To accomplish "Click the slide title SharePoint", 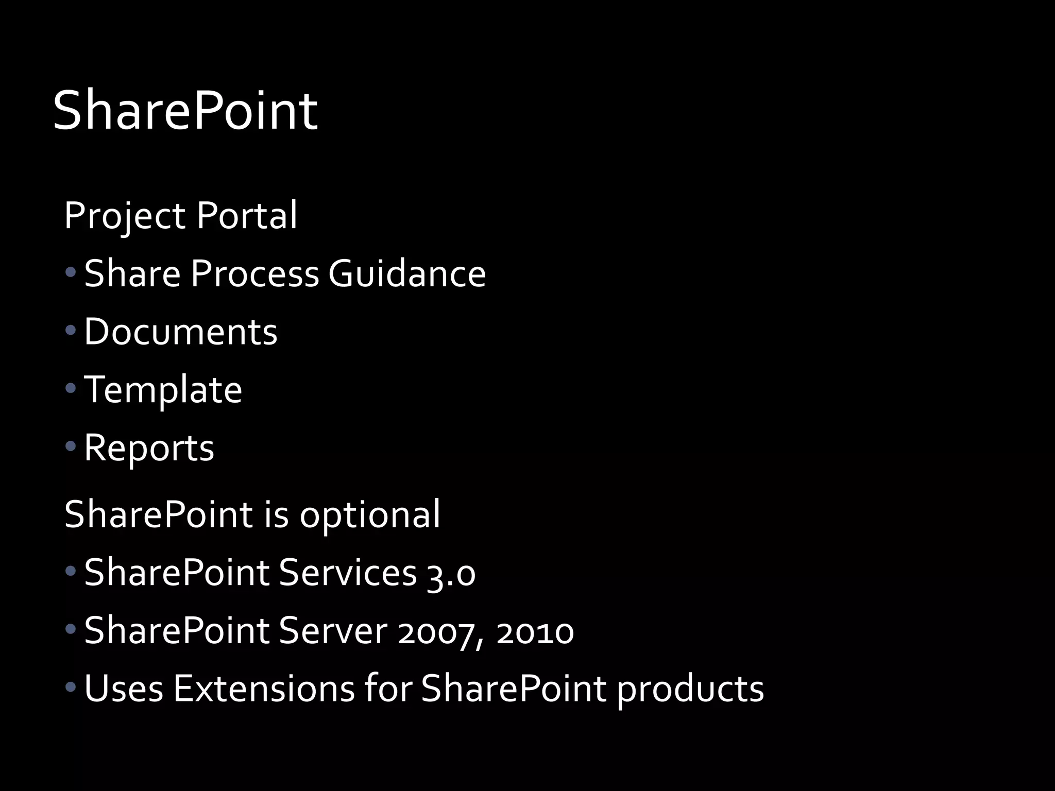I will click(185, 111).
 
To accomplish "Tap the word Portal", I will click(247, 215).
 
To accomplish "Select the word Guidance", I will click(407, 273).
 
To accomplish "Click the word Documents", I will click(180, 331).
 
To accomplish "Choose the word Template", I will click(163, 390).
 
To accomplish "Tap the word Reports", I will click(149, 448).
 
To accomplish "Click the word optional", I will click(370, 514).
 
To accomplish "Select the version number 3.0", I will click(451, 573).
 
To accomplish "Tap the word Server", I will click(333, 630).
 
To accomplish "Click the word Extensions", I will click(264, 688).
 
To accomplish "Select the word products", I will click(690, 689).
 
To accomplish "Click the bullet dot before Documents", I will click(71, 330).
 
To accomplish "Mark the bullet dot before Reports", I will click(71, 446).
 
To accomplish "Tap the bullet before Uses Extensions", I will click(71, 686).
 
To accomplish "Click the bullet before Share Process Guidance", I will click(71, 271).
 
